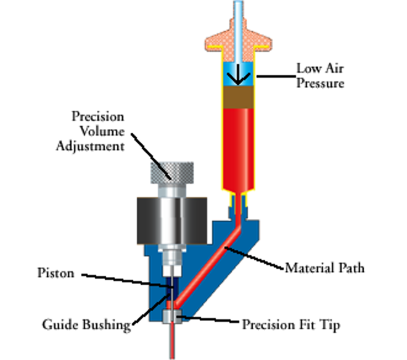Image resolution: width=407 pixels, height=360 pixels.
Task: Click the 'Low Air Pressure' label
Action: point(320,75)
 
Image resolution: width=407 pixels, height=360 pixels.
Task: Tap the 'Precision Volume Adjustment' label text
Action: point(98,131)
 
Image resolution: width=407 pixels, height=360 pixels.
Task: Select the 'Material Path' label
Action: point(324,268)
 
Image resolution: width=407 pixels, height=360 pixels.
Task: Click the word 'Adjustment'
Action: point(98,145)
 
